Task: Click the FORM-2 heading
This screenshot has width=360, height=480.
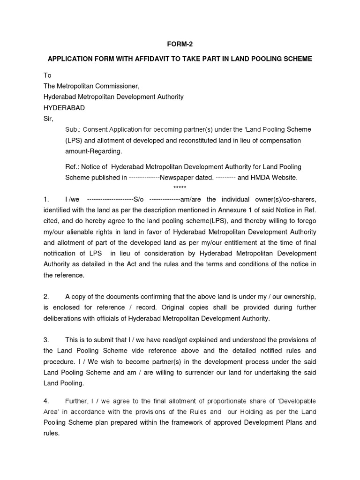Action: tap(180, 45)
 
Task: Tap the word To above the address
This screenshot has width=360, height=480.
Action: tap(47, 75)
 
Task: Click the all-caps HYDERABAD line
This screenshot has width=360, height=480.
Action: tap(64, 107)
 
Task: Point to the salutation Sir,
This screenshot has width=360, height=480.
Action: tap(49, 118)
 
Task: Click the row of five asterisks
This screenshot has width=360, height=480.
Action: tap(180, 188)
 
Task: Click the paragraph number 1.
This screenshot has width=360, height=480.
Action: tap(46, 199)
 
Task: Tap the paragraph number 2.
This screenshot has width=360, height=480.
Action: tap(46, 297)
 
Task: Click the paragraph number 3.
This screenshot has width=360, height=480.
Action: tap(46, 340)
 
